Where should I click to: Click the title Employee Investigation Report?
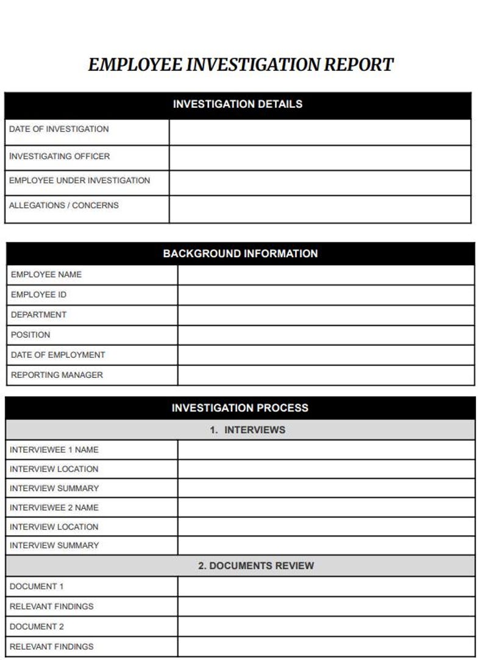point(241,65)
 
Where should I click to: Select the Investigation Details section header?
point(238,104)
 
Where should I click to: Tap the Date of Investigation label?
point(59,129)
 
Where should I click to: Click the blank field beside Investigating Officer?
point(320,157)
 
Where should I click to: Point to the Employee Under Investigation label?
point(79,180)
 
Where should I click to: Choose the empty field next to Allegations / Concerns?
point(320,209)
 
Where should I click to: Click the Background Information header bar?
point(240,254)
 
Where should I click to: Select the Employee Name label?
point(46,275)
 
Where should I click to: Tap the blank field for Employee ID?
point(326,295)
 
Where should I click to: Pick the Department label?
point(39,315)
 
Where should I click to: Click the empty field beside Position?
point(326,335)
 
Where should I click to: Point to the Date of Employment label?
point(58,355)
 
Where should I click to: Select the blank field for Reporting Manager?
point(326,375)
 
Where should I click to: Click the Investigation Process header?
point(240,408)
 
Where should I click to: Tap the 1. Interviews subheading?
point(247,430)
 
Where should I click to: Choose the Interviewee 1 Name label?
point(54,450)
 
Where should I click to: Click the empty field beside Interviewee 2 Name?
point(326,508)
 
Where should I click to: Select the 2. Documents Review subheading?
point(255,566)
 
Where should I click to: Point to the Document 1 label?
point(37,586)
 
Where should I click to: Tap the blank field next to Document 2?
point(326,626)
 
